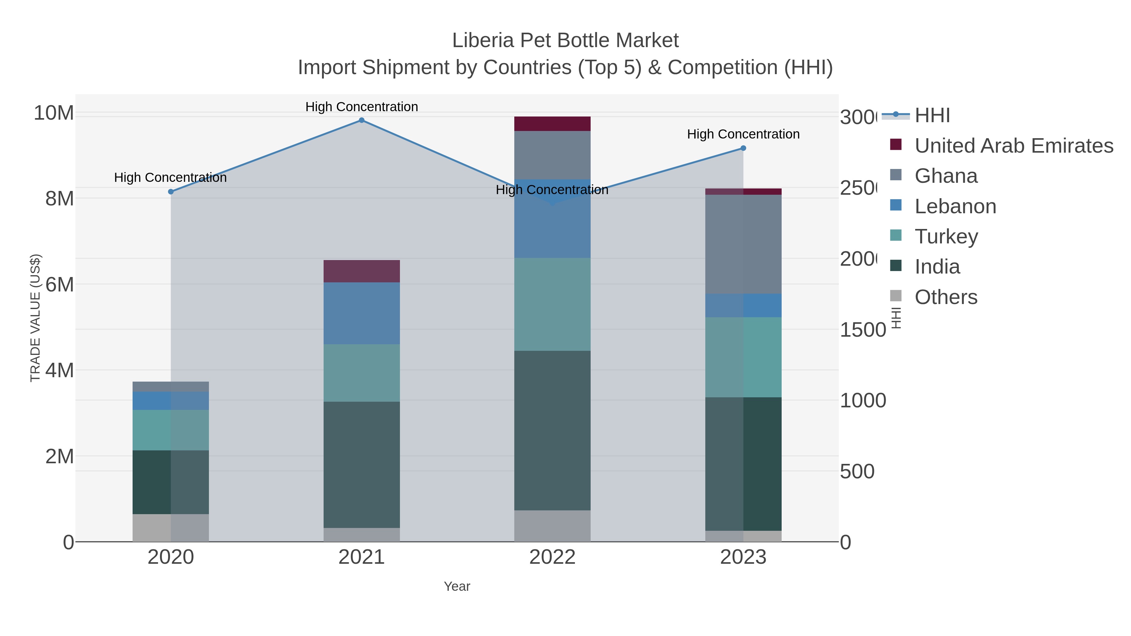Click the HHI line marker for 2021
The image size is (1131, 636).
(x=361, y=120)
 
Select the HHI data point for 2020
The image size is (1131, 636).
(x=171, y=192)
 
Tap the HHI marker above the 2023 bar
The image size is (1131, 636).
(x=743, y=148)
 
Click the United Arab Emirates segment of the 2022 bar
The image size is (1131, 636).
(x=552, y=124)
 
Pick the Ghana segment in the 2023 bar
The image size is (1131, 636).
(x=743, y=244)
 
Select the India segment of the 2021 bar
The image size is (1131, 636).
(x=361, y=465)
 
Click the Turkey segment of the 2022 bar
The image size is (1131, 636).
(x=552, y=304)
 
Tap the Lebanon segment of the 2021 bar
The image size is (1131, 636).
(x=361, y=313)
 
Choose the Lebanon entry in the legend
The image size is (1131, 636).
(x=955, y=206)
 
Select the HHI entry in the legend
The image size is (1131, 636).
(x=932, y=116)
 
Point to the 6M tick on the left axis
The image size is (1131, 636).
(x=60, y=285)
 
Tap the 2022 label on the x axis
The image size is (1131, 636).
(x=552, y=557)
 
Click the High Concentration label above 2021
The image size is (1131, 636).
(x=361, y=107)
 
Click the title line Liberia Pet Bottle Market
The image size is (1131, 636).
(x=565, y=41)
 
